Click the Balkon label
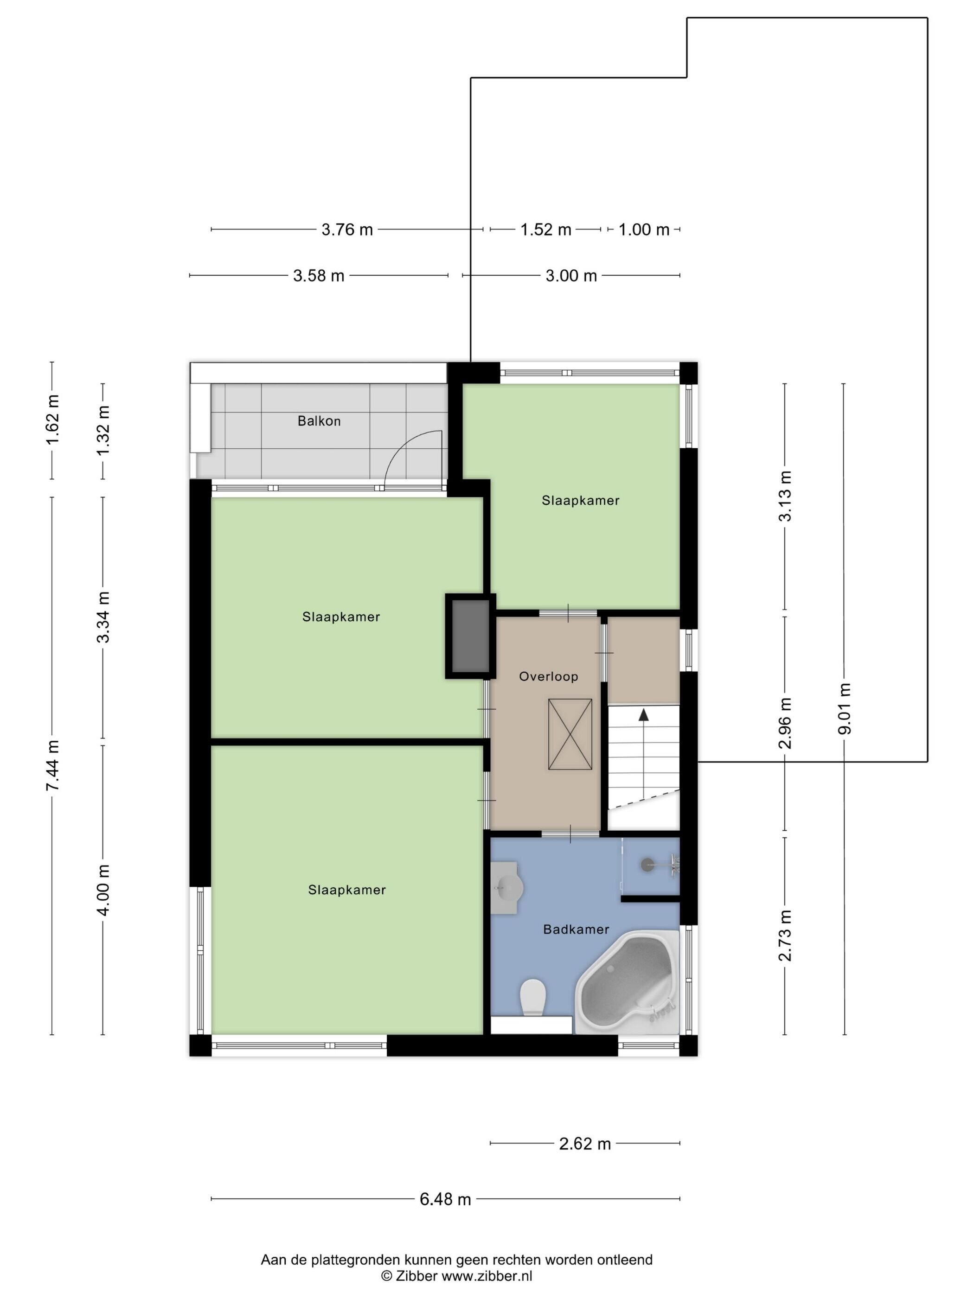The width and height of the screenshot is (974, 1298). pyautogui.click(x=319, y=421)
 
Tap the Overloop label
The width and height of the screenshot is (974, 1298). pyautogui.click(x=548, y=676)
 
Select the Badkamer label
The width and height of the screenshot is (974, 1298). pyautogui.click(x=576, y=929)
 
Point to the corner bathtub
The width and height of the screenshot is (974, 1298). pyautogui.click(x=628, y=982)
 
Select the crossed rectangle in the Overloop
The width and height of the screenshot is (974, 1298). pyautogui.click(x=570, y=734)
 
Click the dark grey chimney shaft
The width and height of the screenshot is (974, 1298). pyautogui.click(x=470, y=636)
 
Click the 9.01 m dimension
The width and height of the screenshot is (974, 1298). pyautogui.click(x=844, y=709)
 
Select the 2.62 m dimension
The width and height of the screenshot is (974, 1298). pyautogui.click(x=585, y=1144)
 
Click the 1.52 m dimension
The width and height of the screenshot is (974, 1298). pyautogui.click(x=545, y=229)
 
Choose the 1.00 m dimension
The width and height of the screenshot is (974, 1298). pyautogui.click(x=643, y=229)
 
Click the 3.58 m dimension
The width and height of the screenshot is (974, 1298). pyautogui.click(x=319, y=275)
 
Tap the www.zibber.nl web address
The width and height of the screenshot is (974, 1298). pyautogui.click(x=487, y=1276)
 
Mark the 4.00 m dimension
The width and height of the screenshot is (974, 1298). pyautogui.click(x=103, y=890)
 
